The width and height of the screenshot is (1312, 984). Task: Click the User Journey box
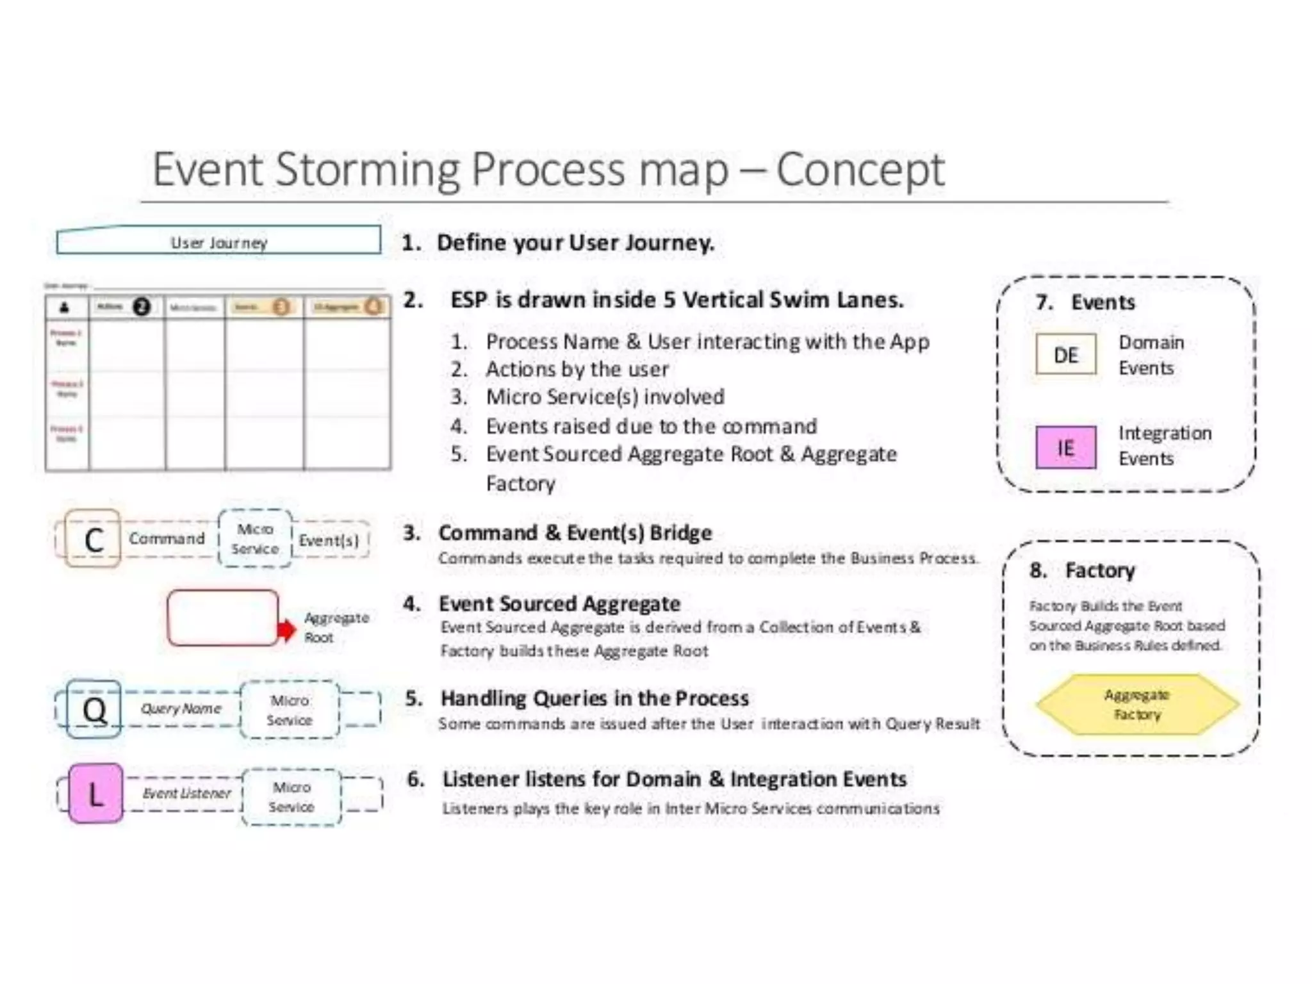[x=218, y=241]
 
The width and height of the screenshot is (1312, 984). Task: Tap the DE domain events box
[x=1065, y=354]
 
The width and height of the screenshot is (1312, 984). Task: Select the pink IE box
[x=1065, y=447]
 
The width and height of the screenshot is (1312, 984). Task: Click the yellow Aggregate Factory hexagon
[x=1137, y=704]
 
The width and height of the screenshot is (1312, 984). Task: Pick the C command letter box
[x=94, y=539]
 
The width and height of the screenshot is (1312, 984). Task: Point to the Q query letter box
[x=94, y=709]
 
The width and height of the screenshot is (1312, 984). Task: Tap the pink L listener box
[x=95, y=794]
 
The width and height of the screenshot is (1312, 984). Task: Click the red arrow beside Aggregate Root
[x=286, y=630]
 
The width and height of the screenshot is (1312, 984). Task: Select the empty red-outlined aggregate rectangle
[x=222, y=618]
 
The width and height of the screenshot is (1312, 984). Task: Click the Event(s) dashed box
[x=329, y=540]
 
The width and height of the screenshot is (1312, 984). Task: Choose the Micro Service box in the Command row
[x=255, y=539]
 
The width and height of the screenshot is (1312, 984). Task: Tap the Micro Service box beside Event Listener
[x=291, y=797]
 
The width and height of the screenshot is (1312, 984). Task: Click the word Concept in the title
[x=860, y=170]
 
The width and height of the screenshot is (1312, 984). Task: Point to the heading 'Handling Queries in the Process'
[x=594, y=698]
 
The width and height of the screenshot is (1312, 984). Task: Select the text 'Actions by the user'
[x=577, y=369]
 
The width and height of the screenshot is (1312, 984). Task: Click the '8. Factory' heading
[x=1083, y=570]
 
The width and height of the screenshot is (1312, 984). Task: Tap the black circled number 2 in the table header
[x=142, y=307]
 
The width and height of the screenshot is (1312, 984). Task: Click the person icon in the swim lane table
[x=65, y=308]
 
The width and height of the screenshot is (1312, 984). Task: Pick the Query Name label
[x=181, y=709]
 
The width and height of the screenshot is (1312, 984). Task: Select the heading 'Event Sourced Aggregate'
[x=559, y=603]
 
